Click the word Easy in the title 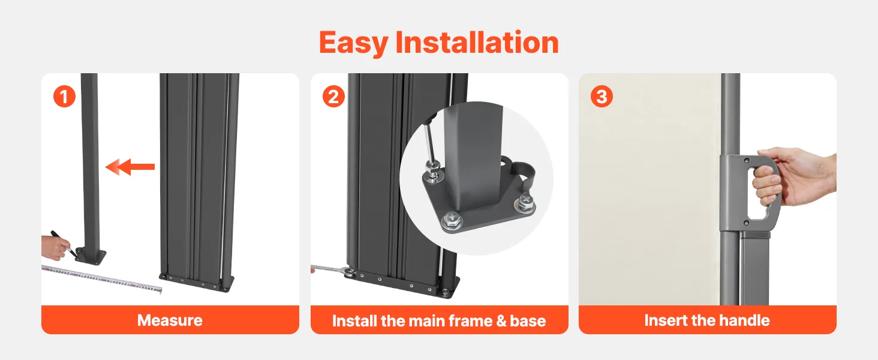[354, 43]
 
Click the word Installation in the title [477, 42]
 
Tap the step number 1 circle [64, 97]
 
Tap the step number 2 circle [333, 97]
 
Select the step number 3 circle [602, 97]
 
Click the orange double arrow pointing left [130, 167]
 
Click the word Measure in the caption [170, 320]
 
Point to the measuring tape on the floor [102, 278]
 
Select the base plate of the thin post [91, 255]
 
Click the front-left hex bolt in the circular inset [452, 220]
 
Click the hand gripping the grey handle [792, 177]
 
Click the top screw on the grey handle [747, 160]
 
